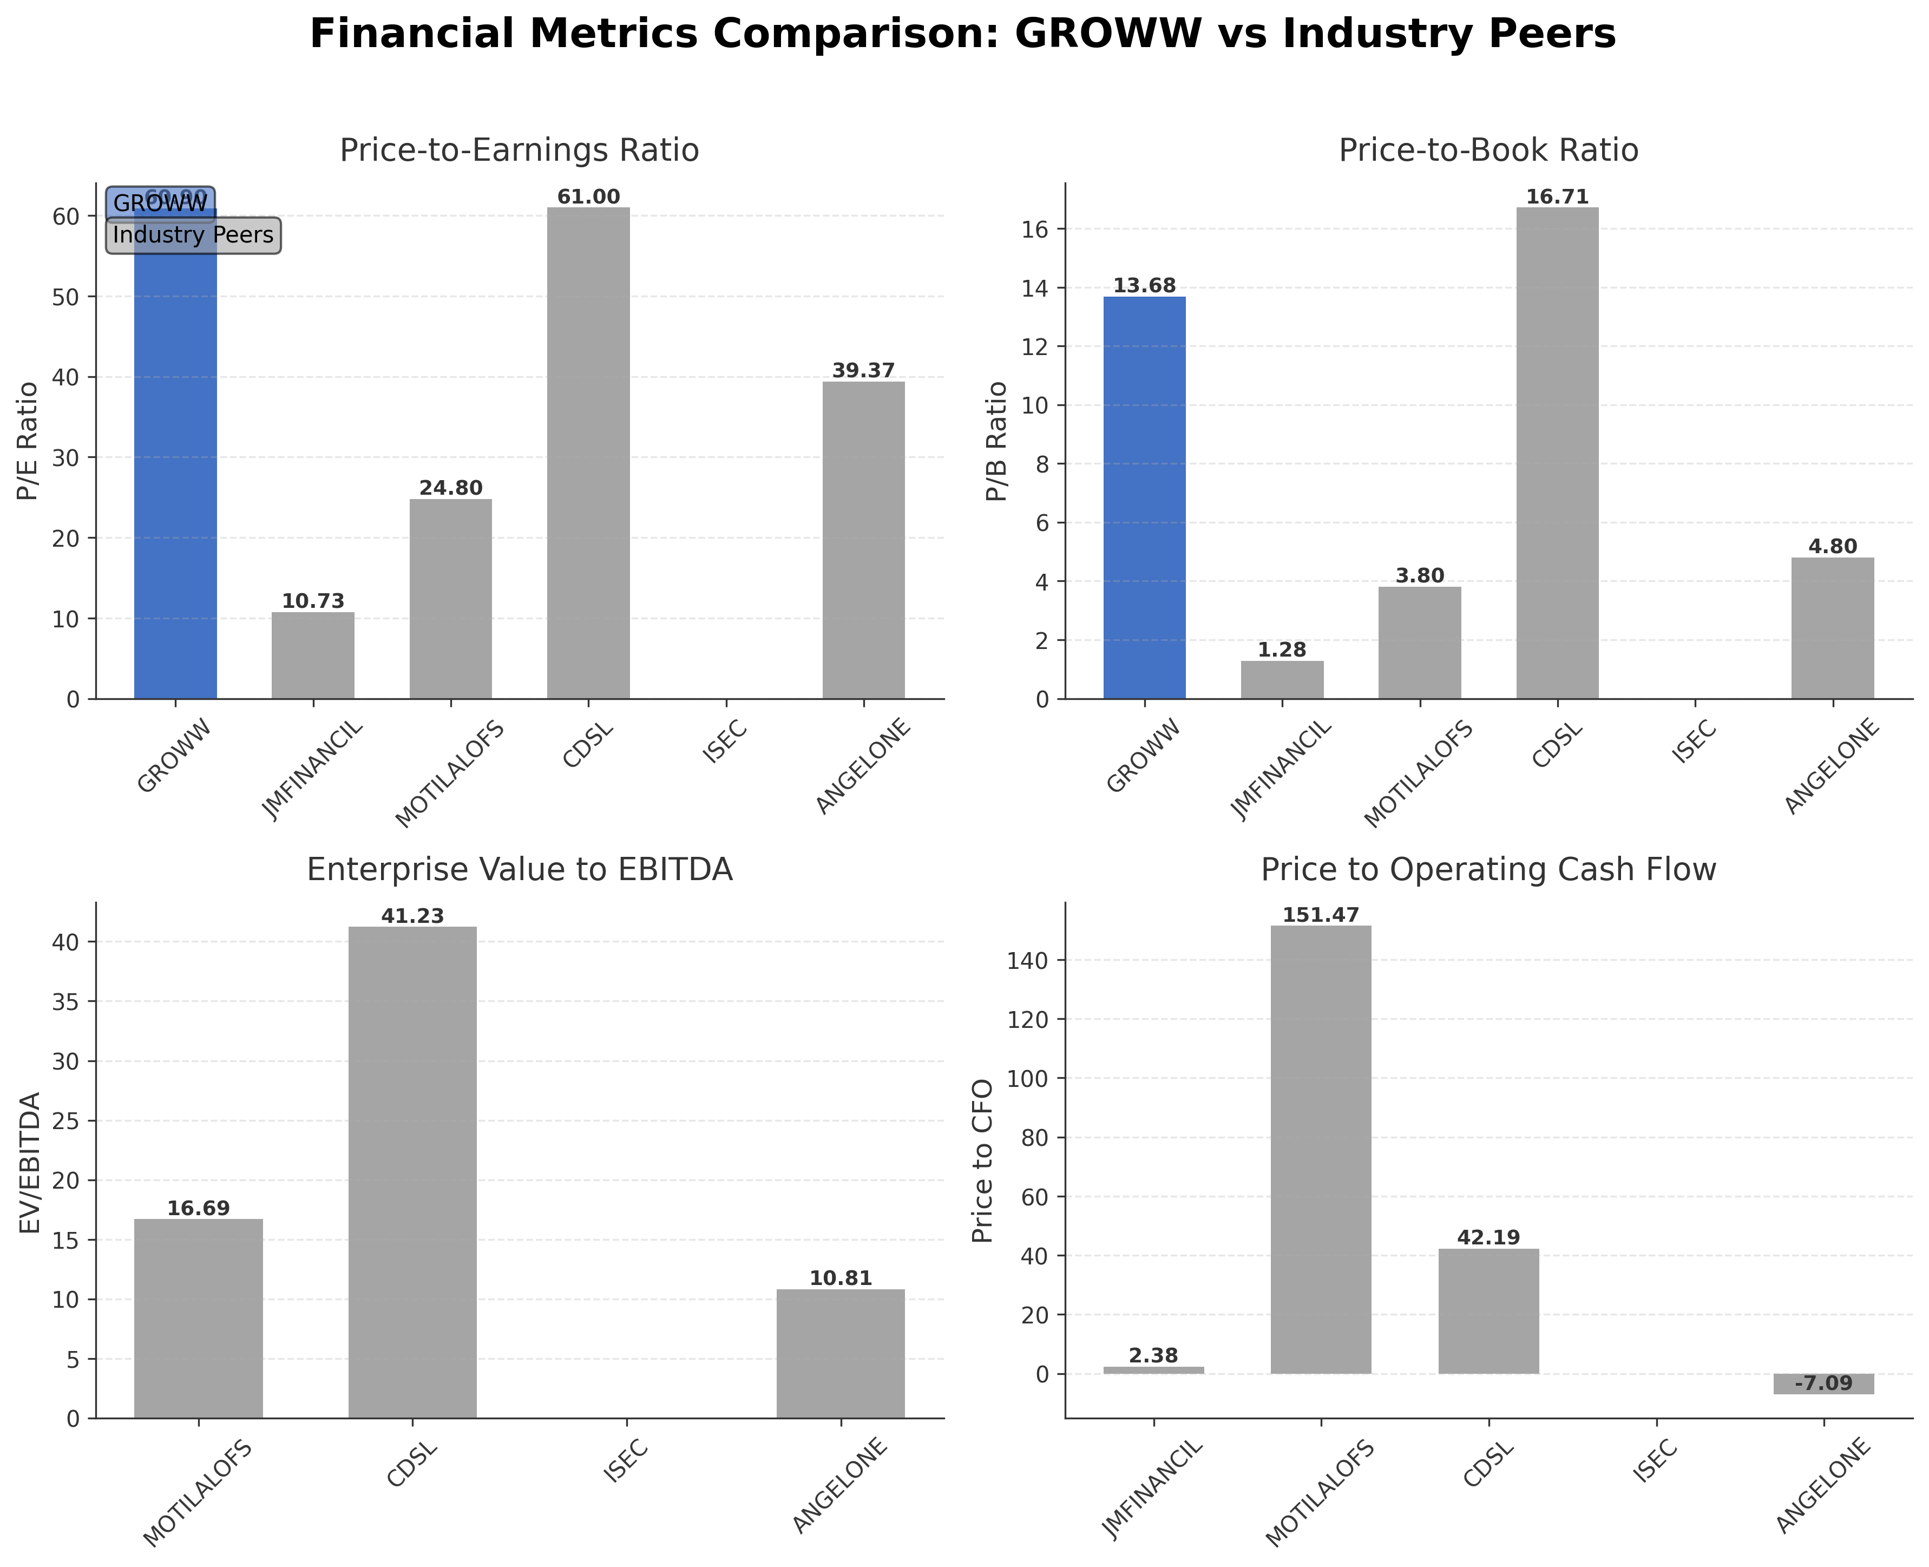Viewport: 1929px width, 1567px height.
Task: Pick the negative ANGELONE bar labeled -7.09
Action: click(x=1823, y=1384)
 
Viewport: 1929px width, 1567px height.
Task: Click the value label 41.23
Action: click(x=412, y=916)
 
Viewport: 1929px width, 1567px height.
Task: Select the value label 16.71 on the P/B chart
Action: click(x=1557, y=197)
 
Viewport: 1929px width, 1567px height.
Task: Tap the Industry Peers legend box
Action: click(x=193, y=235)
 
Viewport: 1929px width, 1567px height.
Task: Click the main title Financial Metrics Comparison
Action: click(x=962, y=34)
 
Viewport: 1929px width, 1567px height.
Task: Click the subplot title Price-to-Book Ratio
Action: click(x=1487, y=150)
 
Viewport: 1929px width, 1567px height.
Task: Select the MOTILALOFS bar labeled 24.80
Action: click(x=450, y=598)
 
